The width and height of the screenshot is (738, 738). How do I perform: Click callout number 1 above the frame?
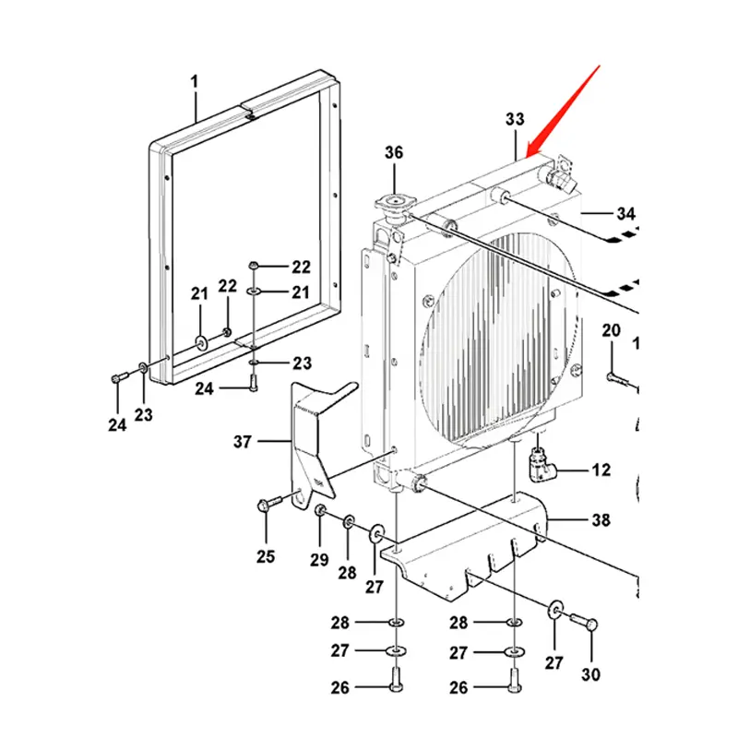point(195,83)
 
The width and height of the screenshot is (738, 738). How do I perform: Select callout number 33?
point(515,119)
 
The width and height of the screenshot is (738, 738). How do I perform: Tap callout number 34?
point(626,213)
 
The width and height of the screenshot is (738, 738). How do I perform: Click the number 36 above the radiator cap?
point(394,153)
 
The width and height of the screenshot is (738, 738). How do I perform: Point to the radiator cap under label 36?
point(392,206)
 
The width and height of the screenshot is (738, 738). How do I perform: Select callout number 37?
point(243,442)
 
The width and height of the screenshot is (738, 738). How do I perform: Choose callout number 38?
point(601,520)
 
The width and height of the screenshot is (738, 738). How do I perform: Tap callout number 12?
point(601,470)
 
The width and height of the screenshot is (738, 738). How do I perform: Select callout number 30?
point(590,674)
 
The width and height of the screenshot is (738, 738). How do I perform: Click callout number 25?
point(266,556)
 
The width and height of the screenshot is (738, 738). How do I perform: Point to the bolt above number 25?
point(268,503)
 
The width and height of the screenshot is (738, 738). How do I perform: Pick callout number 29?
point(319,560)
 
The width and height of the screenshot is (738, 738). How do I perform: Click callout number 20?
point(612,330)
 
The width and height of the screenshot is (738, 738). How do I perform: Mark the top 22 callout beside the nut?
point(302,268)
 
